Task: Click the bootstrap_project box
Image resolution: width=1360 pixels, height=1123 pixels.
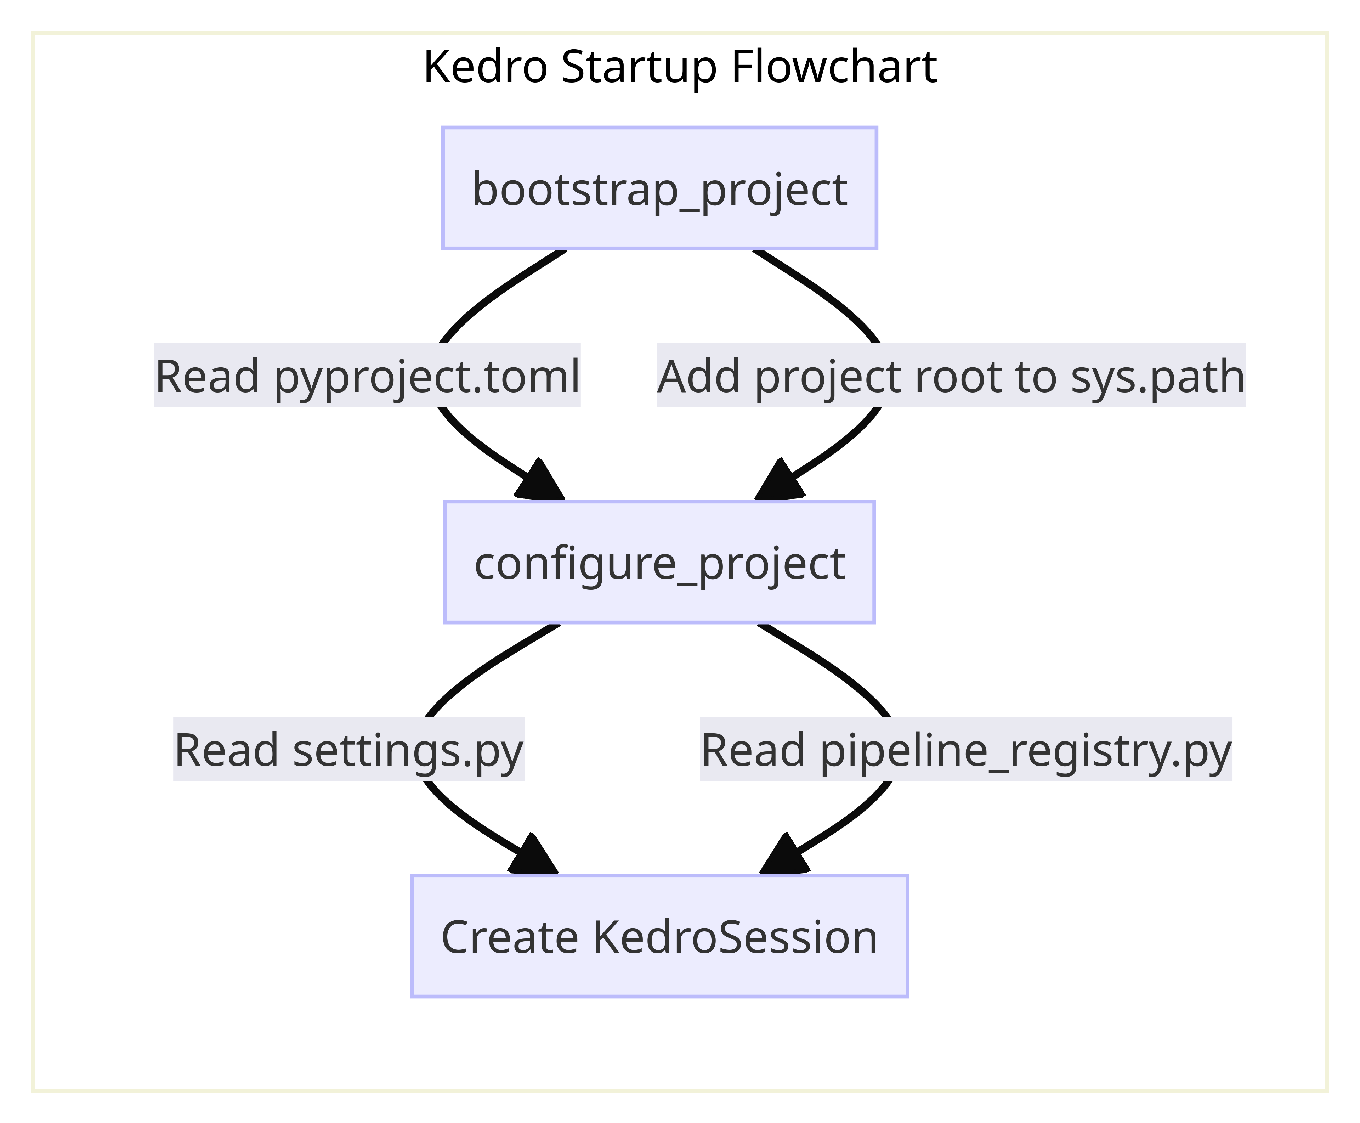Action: pos(659,188)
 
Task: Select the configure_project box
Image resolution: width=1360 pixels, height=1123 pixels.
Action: pos(659,562)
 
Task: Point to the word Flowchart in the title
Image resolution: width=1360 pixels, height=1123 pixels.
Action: pos(834,67)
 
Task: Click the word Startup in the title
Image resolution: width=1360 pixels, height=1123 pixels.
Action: pos(639,67)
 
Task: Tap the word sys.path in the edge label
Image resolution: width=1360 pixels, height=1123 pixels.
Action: pos(1157,376)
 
